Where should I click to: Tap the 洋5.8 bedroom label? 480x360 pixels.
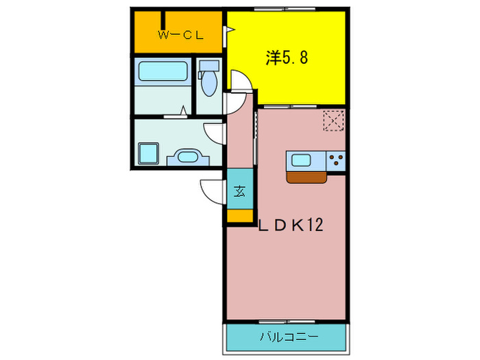(x=286, y=58)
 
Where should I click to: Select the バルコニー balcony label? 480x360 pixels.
(x=289, y=337)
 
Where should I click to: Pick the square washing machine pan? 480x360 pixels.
(x=148, y=152)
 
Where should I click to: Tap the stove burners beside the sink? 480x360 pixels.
(x=336, y=161)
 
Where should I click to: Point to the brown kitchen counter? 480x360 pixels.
(x=307, y=177)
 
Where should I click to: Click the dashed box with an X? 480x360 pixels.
(x=333, y=120)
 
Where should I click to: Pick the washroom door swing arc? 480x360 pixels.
(x=214, y=132)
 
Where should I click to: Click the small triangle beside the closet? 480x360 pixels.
(x=230, y=29)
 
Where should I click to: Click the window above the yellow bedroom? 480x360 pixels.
(x=283, y=9)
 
